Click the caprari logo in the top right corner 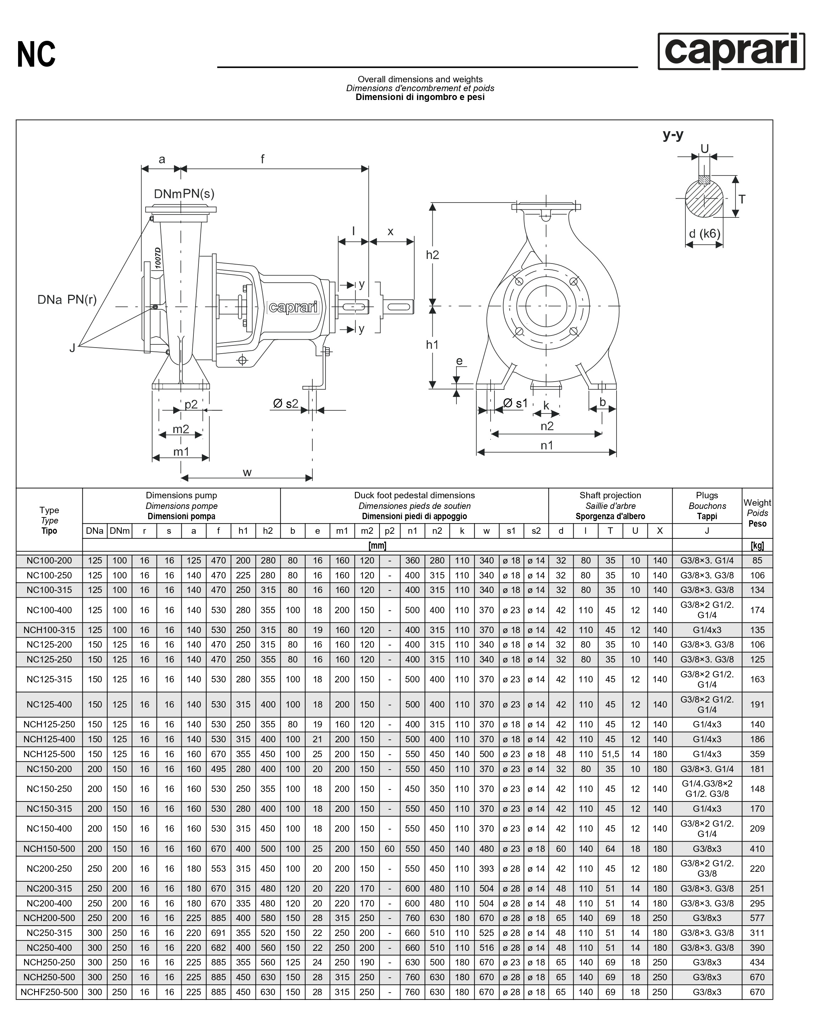point(731,51)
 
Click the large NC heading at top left point(36,54)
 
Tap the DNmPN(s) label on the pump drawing point(184,194)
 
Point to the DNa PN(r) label point(67,299)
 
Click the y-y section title point(673,135)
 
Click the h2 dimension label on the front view point(432,255)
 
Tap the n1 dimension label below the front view point(547,445)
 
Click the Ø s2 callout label point(285,404)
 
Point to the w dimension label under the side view point(247,472)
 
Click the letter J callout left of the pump point(72,348)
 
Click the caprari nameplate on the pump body point(293,307)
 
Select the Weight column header point(757,503)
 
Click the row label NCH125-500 point(50,754)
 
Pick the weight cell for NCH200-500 point(757,918)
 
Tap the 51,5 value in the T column point(611,754)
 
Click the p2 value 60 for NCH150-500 point(389,848)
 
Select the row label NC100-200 point(50,561)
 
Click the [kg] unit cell point(757,546)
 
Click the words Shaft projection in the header point(611,495)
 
